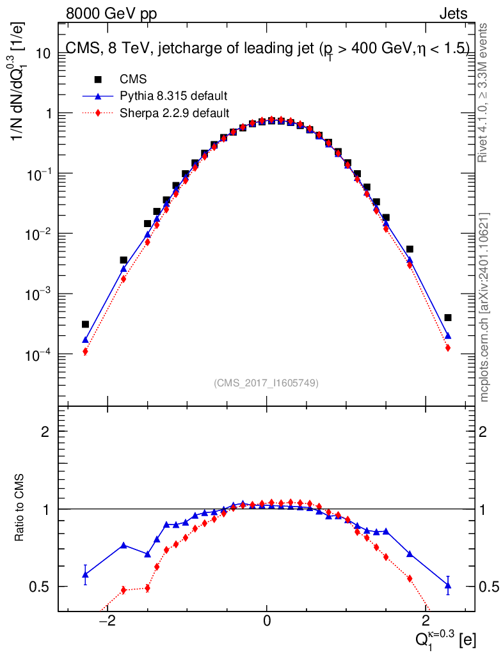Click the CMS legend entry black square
(98, 79)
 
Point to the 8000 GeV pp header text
(111, 14)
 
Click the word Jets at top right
(452, 14)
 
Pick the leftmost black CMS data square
(85, 324)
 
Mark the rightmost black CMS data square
(448, 317)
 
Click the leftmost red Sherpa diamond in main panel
(85, 351)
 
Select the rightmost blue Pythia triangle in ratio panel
(448, 585)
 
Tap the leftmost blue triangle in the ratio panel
(85, 574)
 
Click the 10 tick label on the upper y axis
(43, 53)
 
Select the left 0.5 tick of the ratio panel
(44, 587)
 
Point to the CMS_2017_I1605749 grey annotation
(266, 383)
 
